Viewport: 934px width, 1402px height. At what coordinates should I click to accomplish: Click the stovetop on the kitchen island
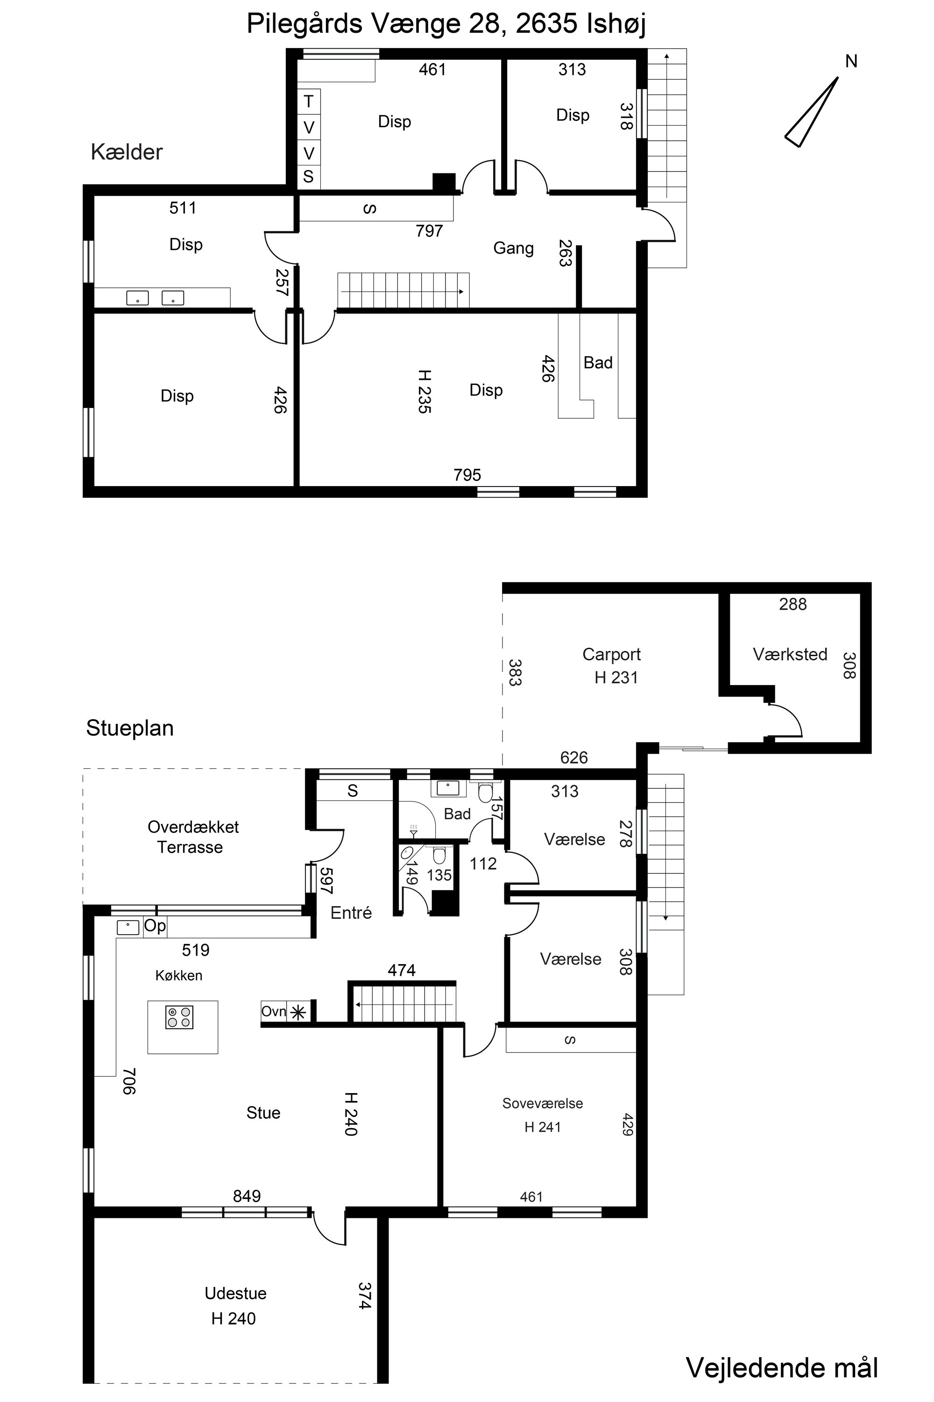(179, 1017)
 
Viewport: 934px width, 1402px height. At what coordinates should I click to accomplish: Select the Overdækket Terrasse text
(193, 837)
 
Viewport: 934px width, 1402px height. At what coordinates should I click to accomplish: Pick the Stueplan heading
(130, 728)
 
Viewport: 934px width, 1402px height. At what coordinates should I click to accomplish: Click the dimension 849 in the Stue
(247, 1196)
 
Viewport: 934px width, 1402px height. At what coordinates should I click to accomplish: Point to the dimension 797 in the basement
(429, 231)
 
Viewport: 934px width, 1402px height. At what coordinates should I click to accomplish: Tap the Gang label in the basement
(513, 248)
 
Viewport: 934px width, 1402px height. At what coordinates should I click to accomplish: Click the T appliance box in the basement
(309, 102)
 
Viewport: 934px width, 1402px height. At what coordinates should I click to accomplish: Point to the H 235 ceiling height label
(424, 391)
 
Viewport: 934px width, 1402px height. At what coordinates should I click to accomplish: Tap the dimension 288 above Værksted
(793, 604)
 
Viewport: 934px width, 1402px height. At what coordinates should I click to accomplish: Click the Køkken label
(179, 975)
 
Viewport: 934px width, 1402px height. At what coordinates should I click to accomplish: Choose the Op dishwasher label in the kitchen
(155, 925)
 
